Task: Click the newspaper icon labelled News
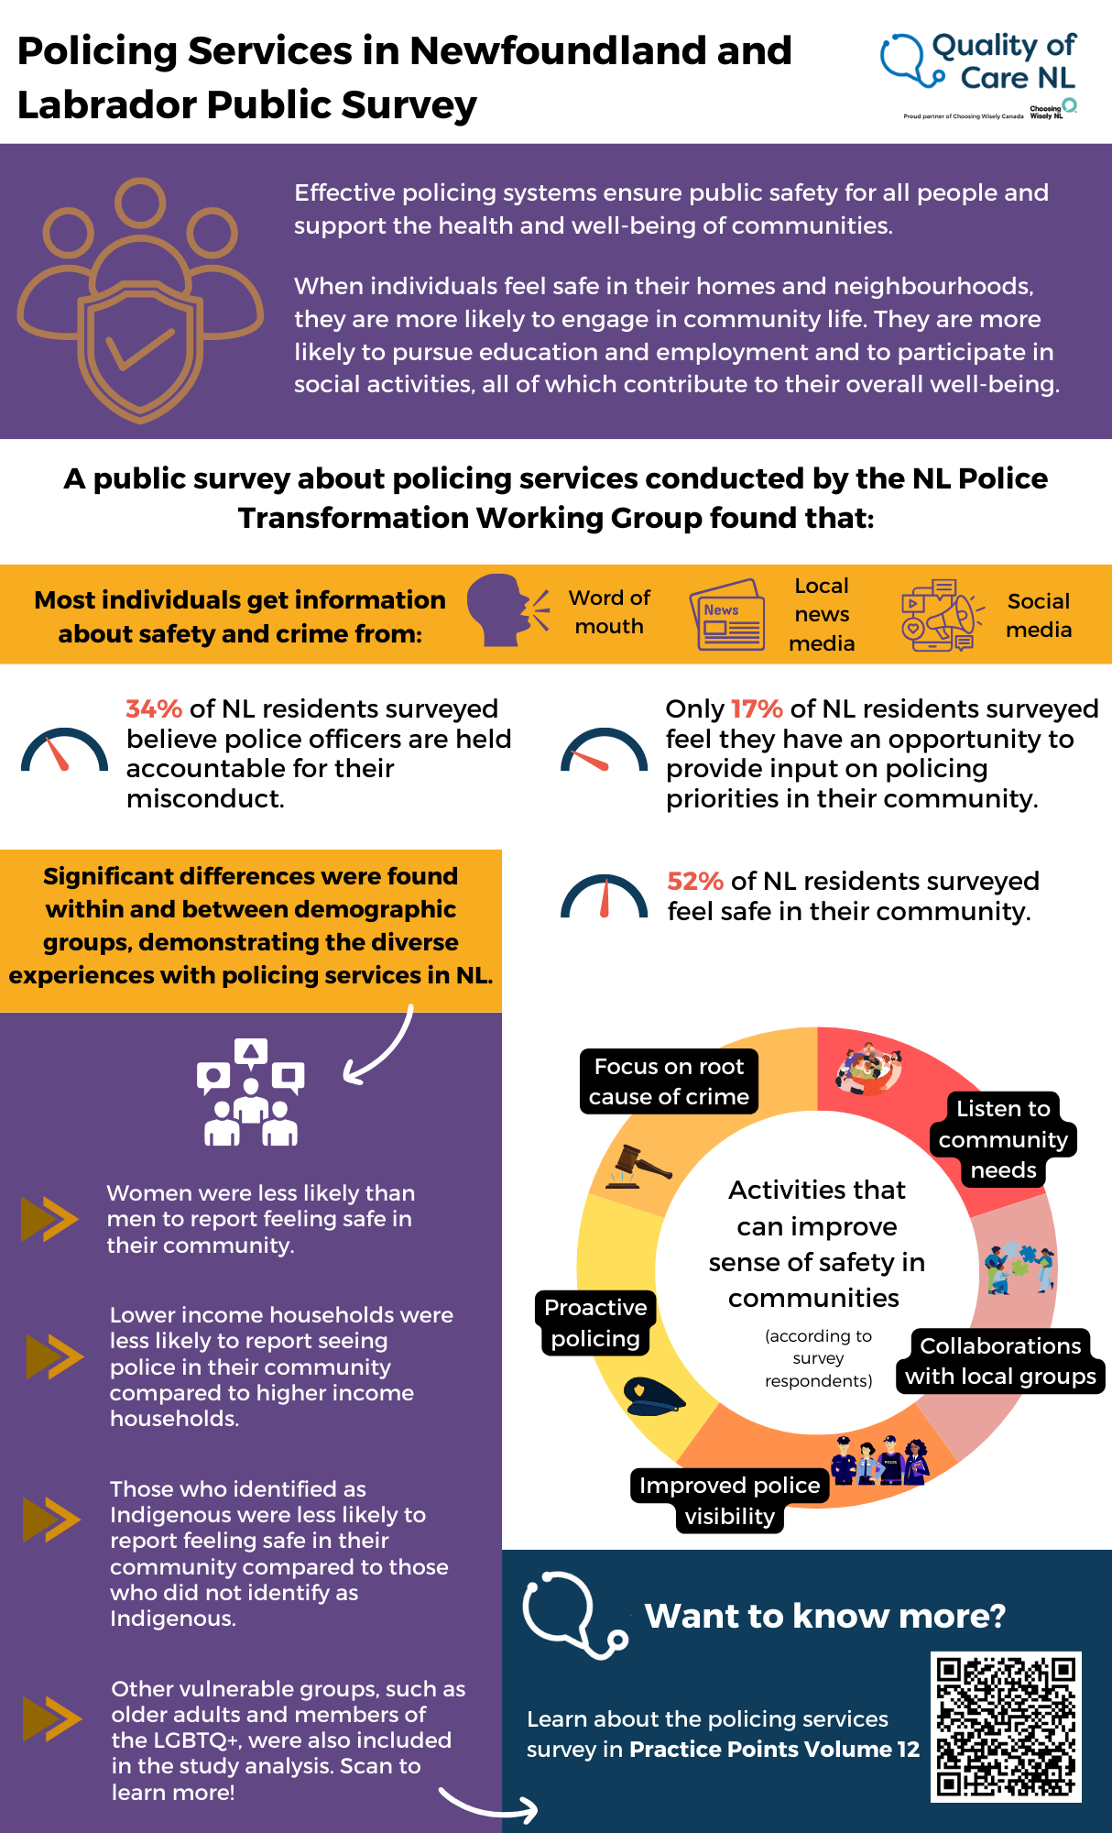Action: point(727,615)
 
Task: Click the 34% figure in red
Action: point(154,708)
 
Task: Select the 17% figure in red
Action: point(757,708)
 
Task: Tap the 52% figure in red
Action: point(695,881)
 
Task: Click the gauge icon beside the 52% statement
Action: point(604,896)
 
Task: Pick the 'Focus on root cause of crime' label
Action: point(669,1081)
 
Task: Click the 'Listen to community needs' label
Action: point(1003,1139)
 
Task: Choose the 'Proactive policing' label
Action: point(595,1323)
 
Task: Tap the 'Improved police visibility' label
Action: point(729,1500)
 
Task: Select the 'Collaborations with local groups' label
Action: point(1000,1361)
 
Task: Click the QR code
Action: point(1006,1727)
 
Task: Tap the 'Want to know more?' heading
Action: point(824,1616)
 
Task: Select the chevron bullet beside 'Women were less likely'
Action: point(49,1219)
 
